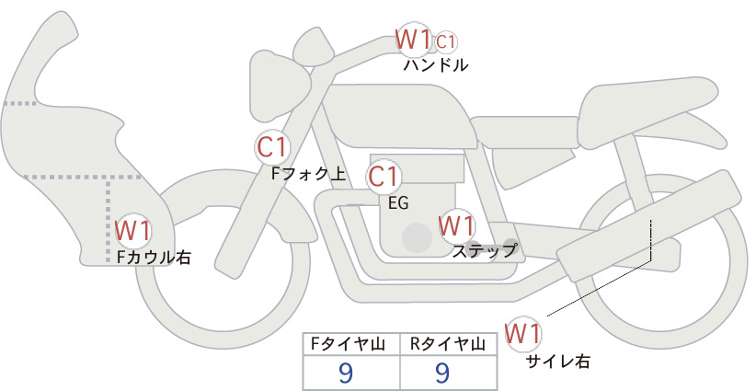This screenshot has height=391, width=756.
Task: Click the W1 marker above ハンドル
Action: point(412,40)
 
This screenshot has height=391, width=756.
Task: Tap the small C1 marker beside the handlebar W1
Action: point(445,42)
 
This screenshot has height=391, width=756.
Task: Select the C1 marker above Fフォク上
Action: point(272,147)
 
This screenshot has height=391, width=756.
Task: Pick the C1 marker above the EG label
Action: point(384,177)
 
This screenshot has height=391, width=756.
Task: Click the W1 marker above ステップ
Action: point(456,225)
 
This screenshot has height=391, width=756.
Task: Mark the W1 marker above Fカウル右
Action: point(132,231)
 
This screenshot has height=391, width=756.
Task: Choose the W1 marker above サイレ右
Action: point(522,334)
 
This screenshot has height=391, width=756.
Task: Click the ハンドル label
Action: point(435,65)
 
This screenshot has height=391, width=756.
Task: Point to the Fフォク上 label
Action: point(308,174)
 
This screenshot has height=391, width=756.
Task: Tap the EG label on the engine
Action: point(398,203)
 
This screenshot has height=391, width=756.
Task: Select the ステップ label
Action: point(484,251)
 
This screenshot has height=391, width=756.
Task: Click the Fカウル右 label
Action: point(154,257)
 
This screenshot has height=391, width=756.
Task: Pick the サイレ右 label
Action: point(557,361)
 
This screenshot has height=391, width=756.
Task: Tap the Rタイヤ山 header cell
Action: point(449,344)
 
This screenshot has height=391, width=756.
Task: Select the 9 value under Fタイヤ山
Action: point(346,373)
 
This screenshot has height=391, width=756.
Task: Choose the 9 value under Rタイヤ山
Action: point(442,373)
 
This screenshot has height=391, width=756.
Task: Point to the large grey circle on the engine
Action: point(417,237)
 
